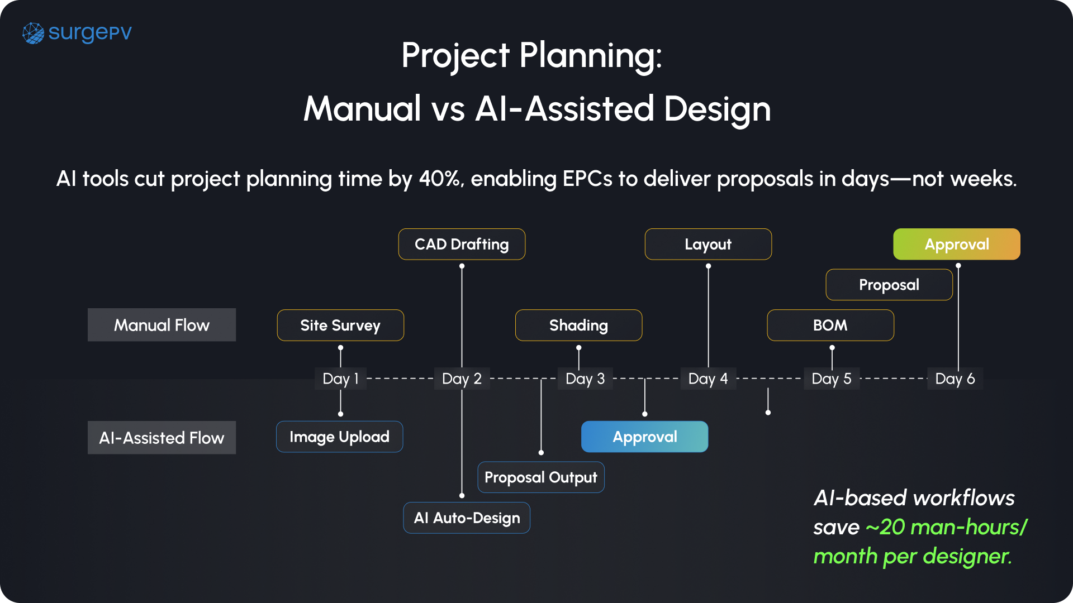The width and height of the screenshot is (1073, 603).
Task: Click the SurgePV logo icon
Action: click(33, 33)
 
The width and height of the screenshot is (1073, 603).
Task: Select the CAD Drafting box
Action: click(462, 245)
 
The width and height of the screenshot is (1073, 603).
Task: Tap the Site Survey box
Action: click(340, 326)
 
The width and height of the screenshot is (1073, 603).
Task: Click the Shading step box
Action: click(578, 326)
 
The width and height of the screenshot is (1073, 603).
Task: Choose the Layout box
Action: click(708, 245)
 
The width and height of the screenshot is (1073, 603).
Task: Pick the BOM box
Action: click(830, 326)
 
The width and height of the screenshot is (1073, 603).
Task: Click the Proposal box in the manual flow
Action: click(889, 285)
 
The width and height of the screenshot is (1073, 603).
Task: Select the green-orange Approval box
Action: click(957, 245)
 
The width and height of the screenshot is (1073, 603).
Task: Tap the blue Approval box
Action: click(644, 437)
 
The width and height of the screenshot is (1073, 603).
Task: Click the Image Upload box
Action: click(339, 437)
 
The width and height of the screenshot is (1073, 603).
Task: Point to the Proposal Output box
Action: click(541, 477)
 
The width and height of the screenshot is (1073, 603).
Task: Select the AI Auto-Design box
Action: click(467, 518)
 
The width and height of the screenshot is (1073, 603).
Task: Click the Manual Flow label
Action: click(162, 325)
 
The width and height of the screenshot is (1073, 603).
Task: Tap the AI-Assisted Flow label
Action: click(162, 438)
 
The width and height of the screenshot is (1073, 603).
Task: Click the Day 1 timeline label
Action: click(340, 379)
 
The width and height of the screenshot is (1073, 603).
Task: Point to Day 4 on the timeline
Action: click(708, 379)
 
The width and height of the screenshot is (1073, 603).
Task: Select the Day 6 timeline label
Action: click(955, 379)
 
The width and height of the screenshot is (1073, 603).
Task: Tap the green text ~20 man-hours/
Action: click(947, 527)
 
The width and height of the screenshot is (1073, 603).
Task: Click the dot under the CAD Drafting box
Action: click(462, 266)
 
